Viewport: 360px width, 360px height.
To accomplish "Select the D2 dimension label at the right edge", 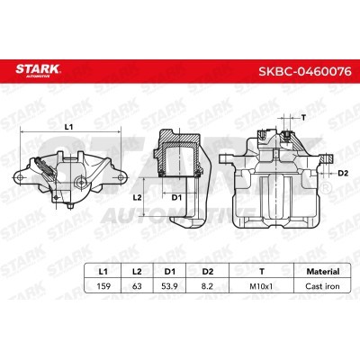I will pyautogui.click(x=343, y=170).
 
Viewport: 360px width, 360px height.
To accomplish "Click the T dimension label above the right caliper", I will pyautogui.click(x=303, y=118).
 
